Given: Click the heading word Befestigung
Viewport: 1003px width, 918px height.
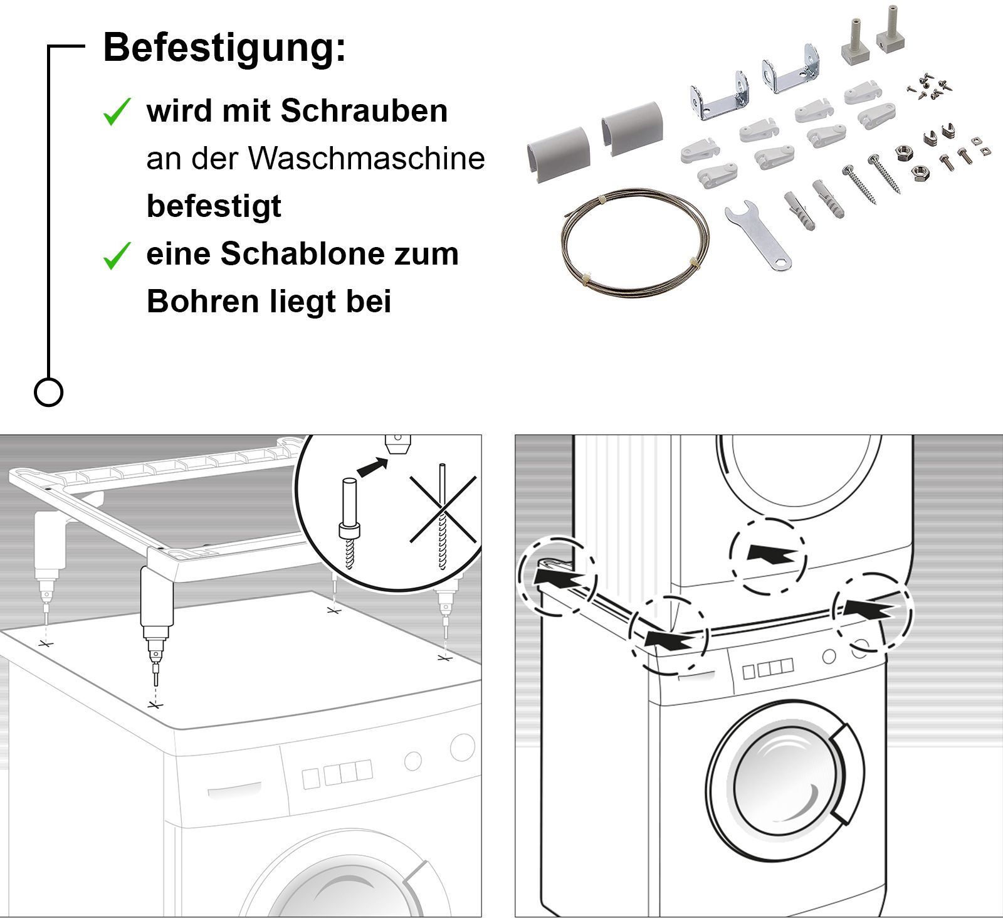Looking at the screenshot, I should point(224,48).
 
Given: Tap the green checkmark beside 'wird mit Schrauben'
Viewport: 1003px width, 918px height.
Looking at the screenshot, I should point(117,112).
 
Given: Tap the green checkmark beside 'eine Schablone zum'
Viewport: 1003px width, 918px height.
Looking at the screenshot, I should point(117,255).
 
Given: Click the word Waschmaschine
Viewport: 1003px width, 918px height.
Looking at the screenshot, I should point(367,159).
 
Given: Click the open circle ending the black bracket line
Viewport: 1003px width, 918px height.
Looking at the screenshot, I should point(48,393).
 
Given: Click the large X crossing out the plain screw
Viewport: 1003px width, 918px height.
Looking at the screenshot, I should point(443,510).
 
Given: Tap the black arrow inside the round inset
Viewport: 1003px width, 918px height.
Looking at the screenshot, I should point(371,467).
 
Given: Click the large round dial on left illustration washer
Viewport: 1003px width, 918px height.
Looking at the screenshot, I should point(462,747).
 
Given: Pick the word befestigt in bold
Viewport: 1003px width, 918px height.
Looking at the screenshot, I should point(214,206).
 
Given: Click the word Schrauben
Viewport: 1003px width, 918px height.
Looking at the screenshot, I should point(364,111).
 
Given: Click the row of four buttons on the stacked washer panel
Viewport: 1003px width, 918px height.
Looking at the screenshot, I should point(767,668).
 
